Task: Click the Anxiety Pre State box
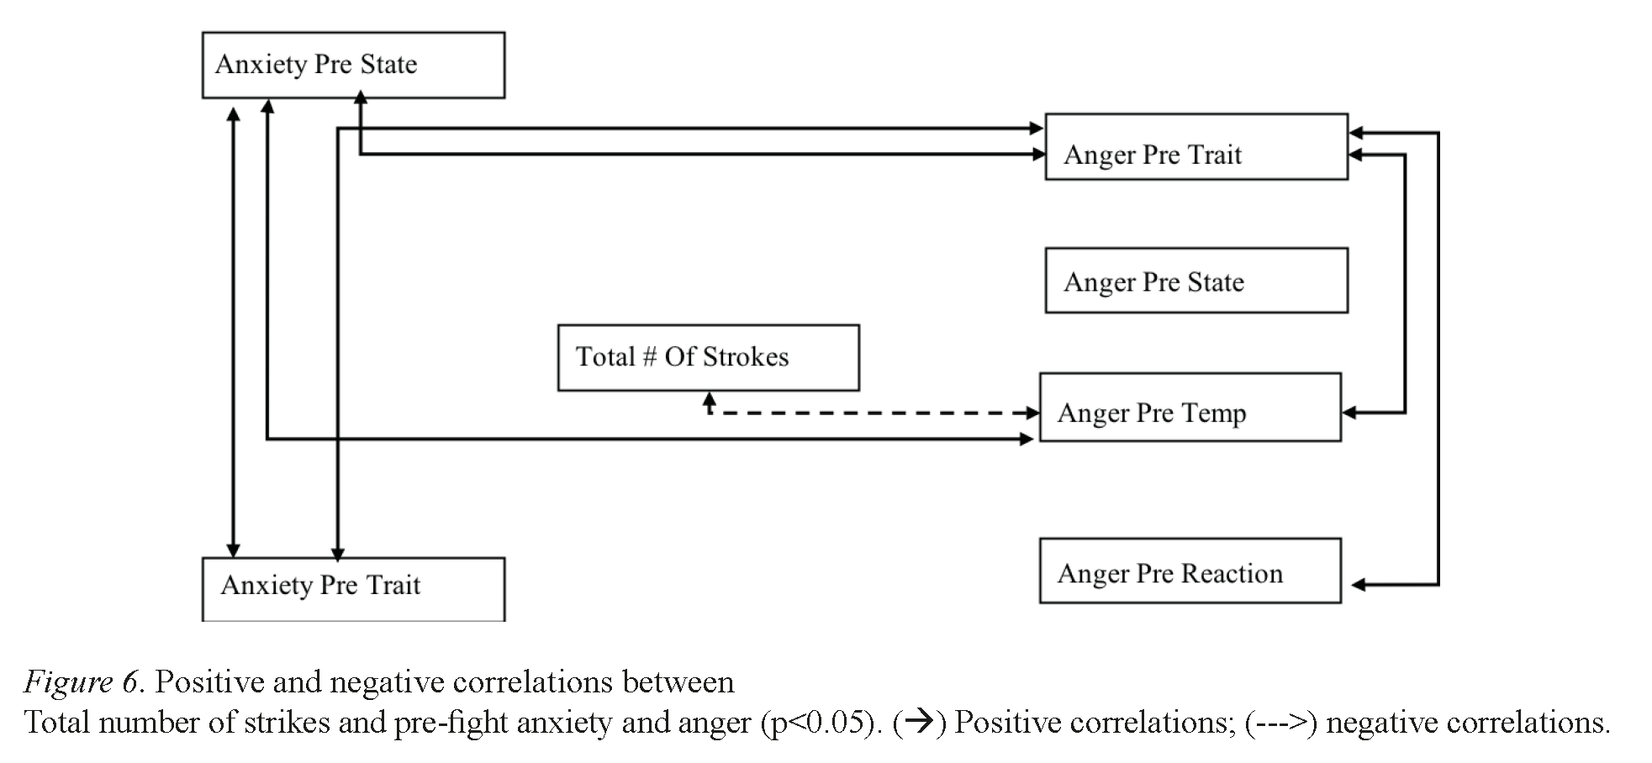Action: [353, 66]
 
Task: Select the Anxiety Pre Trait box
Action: [353, 588]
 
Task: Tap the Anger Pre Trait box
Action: [1195, 147]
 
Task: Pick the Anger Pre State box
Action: [1195, 281]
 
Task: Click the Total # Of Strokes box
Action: [708, 357]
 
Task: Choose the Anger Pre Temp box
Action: [1190, 408]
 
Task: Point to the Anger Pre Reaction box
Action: [1190, 571]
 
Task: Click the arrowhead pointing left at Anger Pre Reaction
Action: [1358, 585]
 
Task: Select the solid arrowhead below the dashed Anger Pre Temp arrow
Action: [1027, 439]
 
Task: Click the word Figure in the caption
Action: [67, 681]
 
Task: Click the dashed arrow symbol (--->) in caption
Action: [1280, 723]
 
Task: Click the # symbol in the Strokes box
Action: [649, 357]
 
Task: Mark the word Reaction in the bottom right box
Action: [1232, 573]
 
